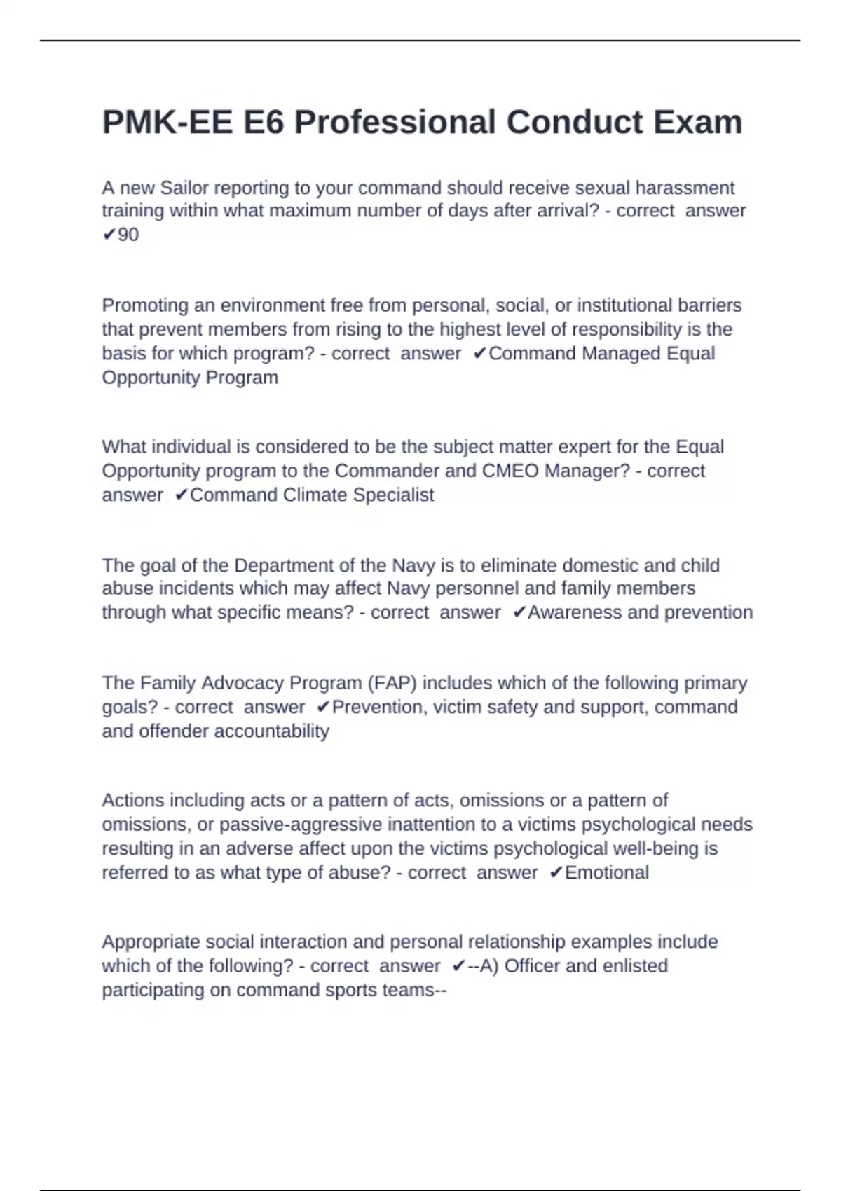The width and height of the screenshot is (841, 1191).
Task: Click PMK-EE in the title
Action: [167, 123]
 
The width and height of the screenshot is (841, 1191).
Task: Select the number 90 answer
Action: [128, 235]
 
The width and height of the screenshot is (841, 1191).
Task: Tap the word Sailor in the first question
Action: [184, 188]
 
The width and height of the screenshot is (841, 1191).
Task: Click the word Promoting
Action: [144, 305]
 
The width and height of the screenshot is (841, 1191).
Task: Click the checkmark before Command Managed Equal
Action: [479, 353]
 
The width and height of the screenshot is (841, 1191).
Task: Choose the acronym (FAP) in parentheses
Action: [390, 683]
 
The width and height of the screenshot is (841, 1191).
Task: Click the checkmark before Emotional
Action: [556, 872]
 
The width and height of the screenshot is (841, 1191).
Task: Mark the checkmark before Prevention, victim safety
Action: [322, 707]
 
